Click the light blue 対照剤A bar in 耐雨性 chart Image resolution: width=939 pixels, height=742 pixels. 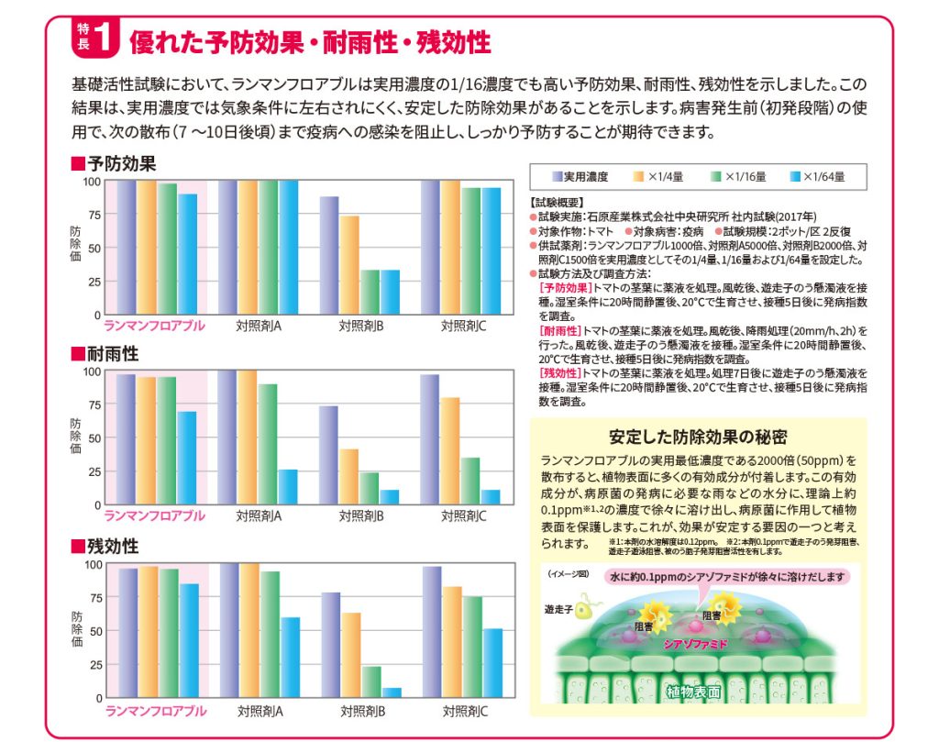pos(287,487)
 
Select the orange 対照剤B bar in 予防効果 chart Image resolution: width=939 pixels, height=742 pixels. pos(349,265)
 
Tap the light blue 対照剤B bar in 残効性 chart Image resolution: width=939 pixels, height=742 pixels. pos(392,692)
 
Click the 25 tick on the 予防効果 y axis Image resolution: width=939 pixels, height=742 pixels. pos(93,282)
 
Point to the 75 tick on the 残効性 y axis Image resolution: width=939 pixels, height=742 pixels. pos(93,597)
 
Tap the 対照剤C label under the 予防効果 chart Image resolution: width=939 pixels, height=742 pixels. pos(464,326)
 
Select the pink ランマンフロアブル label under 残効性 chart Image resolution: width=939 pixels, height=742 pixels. pos(155,711)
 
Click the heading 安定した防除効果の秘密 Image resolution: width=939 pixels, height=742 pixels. pos(698,437)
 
